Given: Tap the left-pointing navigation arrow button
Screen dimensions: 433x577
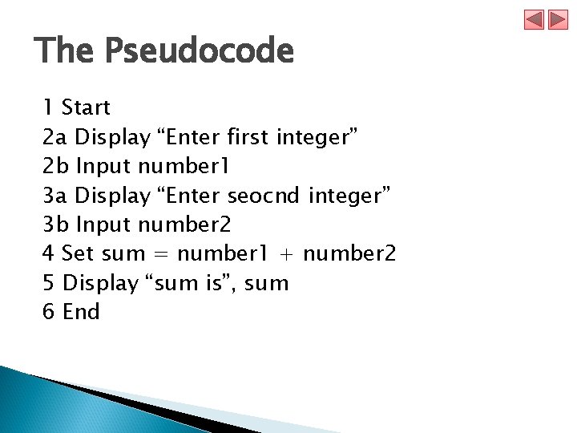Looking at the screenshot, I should click(535, 20).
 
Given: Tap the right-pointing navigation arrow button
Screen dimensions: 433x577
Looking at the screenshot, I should click(558, 20).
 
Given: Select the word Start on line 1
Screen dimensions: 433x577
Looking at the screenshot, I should click(86, 107).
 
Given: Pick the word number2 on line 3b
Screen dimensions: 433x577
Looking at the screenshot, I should click(184, 225).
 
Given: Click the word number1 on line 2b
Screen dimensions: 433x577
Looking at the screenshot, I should click(184, 167).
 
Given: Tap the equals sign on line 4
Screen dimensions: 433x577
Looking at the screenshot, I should click(160, 254).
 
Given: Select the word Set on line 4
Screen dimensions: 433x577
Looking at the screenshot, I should click(78, 254).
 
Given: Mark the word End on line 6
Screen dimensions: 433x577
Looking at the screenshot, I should click(81, 312).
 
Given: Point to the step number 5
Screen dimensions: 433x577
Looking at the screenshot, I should click(48, 283).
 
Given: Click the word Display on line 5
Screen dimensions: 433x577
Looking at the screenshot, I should click(100, 283).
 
